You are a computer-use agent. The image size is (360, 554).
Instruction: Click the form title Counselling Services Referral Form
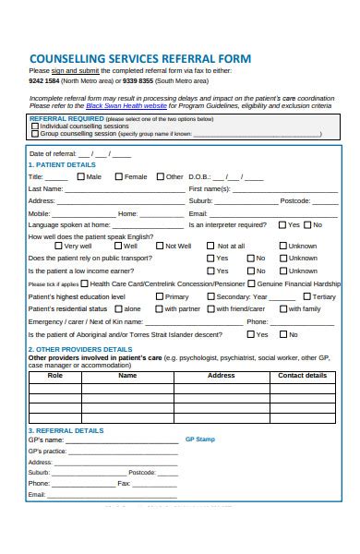point(139,57)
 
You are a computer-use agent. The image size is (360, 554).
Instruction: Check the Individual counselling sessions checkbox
point(35,126)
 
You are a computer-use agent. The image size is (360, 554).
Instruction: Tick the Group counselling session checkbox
point(35,133)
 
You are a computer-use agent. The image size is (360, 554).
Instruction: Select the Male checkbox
point(81,176)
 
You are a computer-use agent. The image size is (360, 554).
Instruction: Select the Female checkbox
point(118,176)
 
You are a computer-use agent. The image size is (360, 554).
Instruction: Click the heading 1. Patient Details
point(62,164)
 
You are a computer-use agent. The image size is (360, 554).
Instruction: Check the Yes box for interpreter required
point(282,224)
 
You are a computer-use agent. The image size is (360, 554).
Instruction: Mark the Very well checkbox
point(58,246)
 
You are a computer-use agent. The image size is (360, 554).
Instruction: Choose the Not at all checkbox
point(210,246)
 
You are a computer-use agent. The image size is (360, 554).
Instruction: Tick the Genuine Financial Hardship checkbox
point(252,284)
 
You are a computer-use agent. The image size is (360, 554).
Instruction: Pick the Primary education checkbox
point(159,296)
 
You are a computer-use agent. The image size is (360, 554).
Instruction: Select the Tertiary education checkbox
point(306,296)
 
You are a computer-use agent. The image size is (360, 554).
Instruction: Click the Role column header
point(55,376)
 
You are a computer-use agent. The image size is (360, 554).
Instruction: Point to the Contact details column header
point(302,376)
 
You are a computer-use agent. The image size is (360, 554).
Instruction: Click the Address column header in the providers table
point(221,376)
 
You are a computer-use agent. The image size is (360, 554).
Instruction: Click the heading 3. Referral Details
point(66,430)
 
